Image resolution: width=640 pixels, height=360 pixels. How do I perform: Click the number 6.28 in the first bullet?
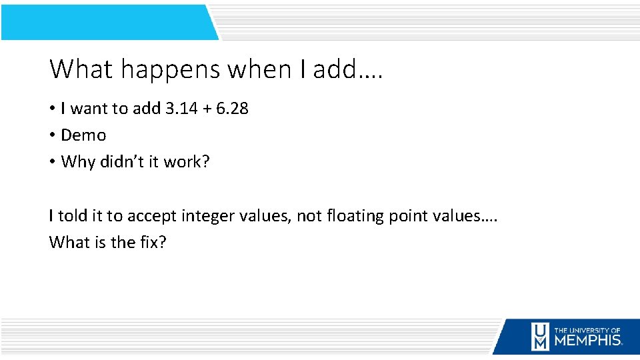pyautogui.click(x=232, y=108)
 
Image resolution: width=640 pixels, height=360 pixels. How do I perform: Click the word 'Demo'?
pyautogui.click(x=83, y=135)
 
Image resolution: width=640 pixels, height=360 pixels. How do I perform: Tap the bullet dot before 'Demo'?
pyautogui.click(x=53, y=135)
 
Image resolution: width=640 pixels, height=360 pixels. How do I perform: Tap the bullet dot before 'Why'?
pyautogui.click(x=53, y=162)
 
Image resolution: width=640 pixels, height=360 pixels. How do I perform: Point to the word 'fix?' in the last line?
pyautogui.click(x=153, y=242)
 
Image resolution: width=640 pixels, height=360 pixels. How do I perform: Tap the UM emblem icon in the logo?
pyautogui.click(x=540, y=337)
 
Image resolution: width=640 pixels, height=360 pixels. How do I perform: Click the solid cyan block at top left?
pyautogui.click(x=107, y=22)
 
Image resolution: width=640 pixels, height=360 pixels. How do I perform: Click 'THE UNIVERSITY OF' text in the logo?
pyautogui.click(x=587, y=330)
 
